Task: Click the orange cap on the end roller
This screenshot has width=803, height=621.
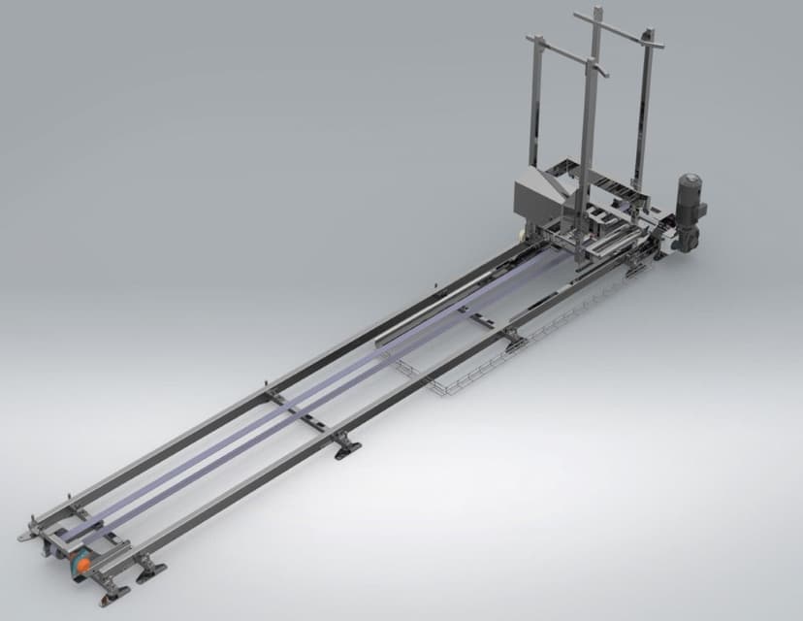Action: click(84, 563)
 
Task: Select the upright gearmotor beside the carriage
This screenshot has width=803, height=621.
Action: click(691, 215)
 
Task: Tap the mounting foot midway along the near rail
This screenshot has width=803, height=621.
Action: click(345, 445)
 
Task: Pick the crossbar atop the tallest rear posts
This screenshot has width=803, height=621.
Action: click(619, 28)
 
